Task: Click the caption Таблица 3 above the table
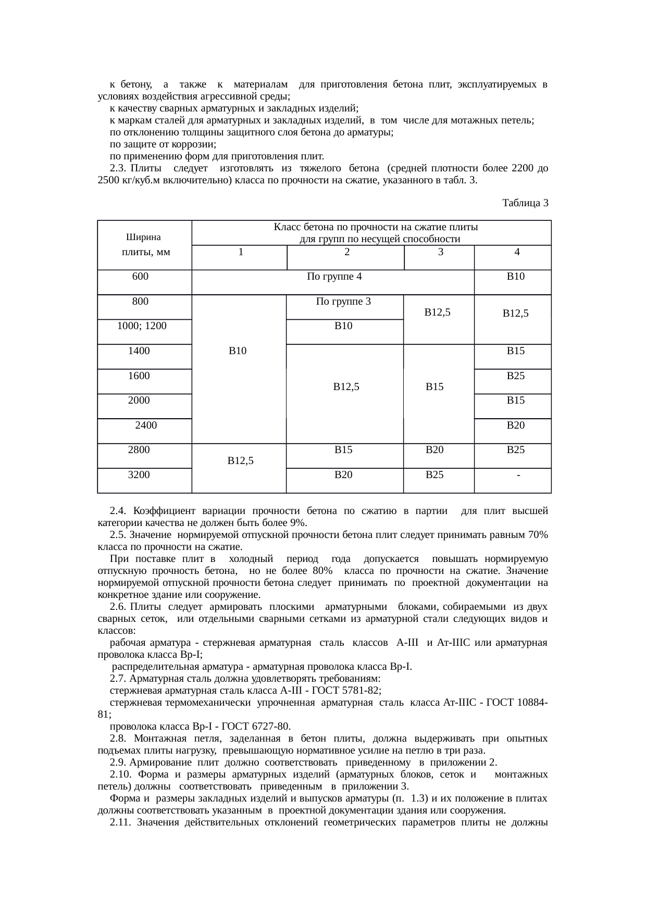(525, 203)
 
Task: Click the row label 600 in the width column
(140, 277)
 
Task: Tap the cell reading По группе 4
(334, 277)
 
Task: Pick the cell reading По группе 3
(343, 302)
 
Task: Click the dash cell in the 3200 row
(518, 475)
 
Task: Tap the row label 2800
(139, 450)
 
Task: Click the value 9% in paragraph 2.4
(297, 523)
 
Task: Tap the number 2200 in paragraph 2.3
(522, 169)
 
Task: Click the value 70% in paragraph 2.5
(537, 535)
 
